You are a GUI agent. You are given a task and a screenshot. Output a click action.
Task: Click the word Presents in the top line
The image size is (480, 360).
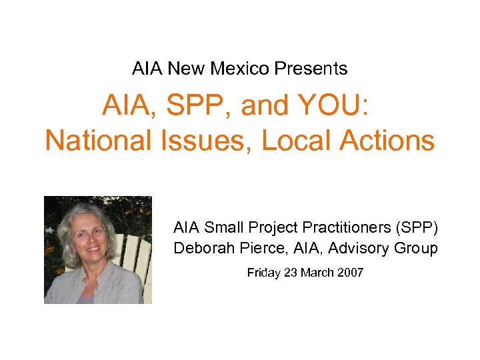coord(314,68)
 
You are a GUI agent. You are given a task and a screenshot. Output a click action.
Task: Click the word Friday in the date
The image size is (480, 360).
coord(262,272)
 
